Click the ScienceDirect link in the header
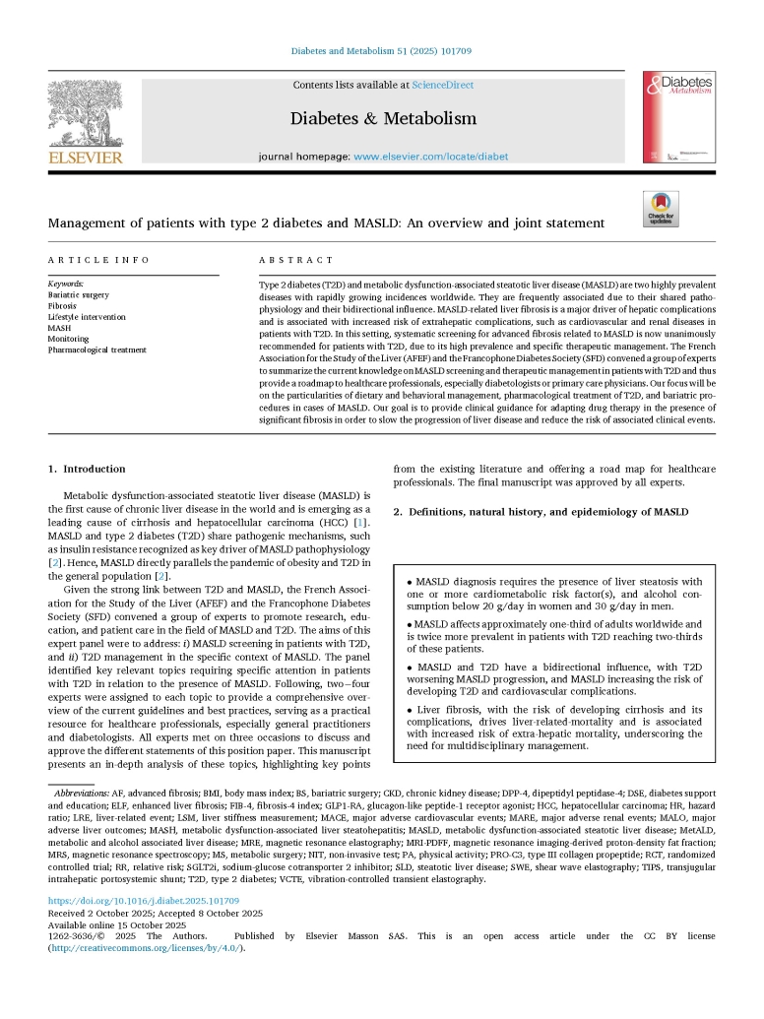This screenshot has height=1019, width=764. [442, 86]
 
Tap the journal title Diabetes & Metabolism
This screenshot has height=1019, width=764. [383, 119]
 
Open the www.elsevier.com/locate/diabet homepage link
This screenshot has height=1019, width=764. [430, 157]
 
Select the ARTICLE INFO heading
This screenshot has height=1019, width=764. [99, 260]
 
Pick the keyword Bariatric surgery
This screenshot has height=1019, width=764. [79, 294]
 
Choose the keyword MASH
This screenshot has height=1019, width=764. [60, 328]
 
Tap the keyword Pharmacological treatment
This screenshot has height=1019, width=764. [97, 350]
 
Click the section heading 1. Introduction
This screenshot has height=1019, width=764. [88, 469]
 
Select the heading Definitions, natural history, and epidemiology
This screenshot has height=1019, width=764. [541, 512]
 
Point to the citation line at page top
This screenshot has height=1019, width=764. [382, 51]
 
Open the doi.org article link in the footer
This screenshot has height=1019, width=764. [144, 900]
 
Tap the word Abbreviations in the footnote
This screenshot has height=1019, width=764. [82, 793]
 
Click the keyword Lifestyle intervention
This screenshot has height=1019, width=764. [87, 317]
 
